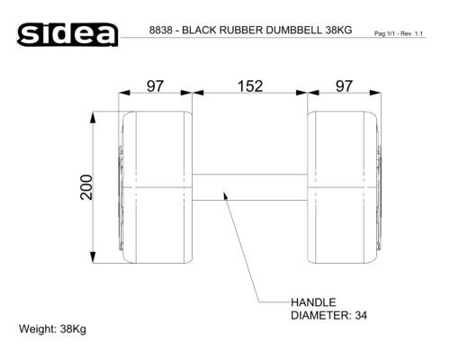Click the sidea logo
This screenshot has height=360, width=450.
[67, 34]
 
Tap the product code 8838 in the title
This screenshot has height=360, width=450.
[161, 30]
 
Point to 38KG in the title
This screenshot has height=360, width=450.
[338, 30]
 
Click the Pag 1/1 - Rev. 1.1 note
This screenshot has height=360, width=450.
[399, 33]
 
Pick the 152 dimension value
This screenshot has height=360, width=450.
[250, 86]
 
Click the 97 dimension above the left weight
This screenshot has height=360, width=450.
[156, 86]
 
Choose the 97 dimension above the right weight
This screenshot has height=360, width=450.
[344, 86]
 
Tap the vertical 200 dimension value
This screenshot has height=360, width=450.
[86, 187]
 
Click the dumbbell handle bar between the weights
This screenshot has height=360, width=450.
[249, 187]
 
